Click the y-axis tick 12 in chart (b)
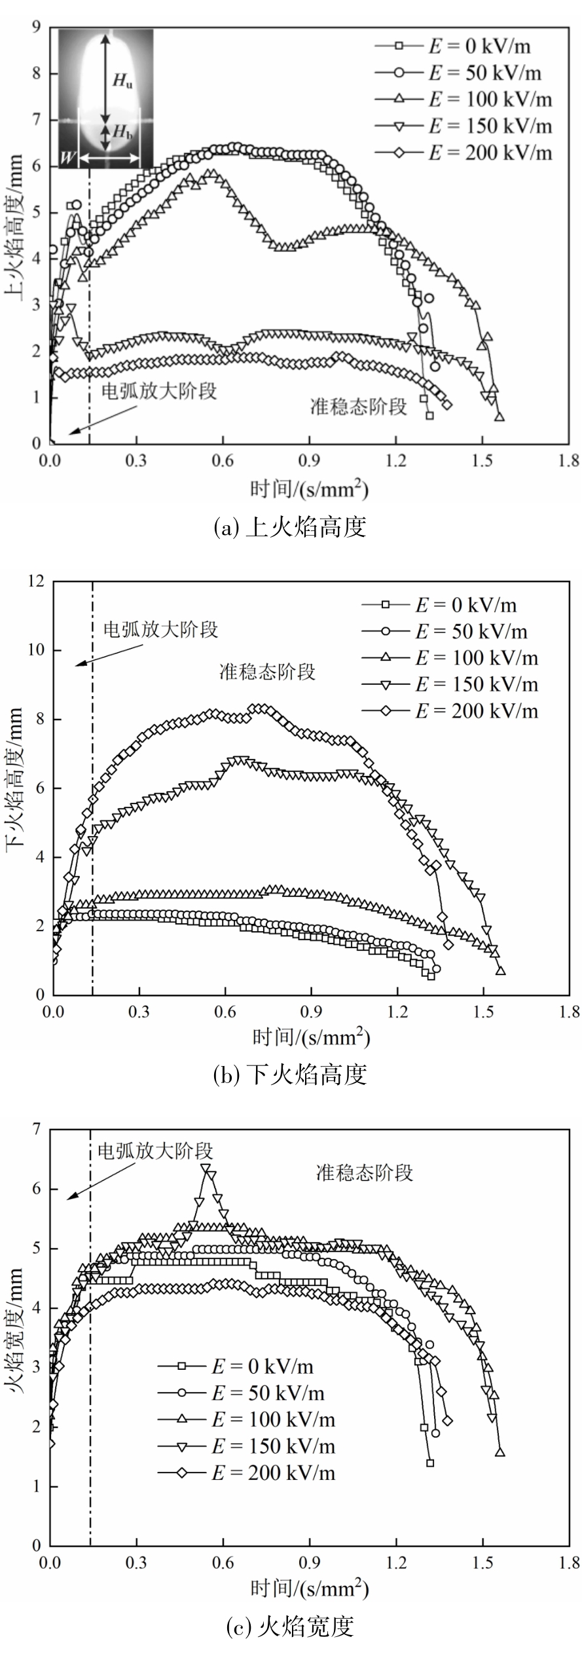pyautogui.click(x=36, y=581)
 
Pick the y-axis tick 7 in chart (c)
pyautogui.click(x=37, y=1129)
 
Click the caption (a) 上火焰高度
pyautogui.click(x=290, y=527)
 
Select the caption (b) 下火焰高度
pyautogui.click(x=290, y=1075)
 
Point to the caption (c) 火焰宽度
pyautogui.click(x=290, y=1626)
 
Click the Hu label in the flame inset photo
pyautogui.click(x=122, y=81)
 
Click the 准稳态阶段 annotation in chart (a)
pyautogui.click(x=358, y=407)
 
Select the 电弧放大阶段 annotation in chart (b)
pyautogui.click(x=160, y=630)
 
